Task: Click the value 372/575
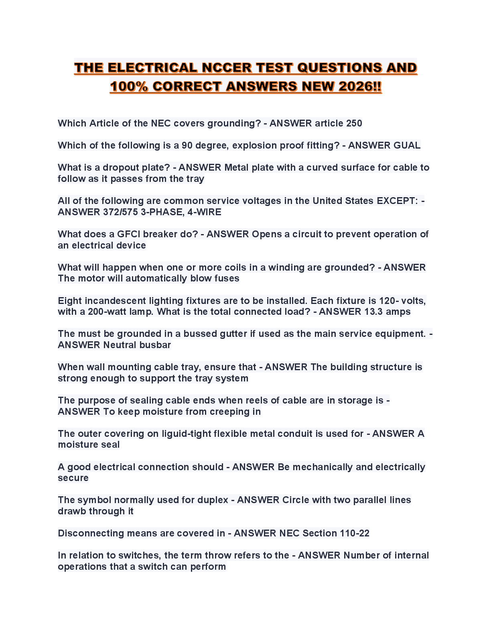point(120,212)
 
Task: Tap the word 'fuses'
point(227,279)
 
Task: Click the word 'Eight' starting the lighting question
point(70,301)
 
